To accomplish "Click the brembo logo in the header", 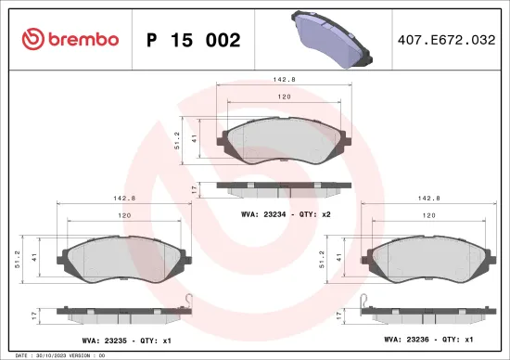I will coord(70,40).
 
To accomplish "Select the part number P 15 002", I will coord(194,41).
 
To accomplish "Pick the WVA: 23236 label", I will coord(410,340).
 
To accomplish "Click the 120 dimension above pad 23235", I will coord(124,215).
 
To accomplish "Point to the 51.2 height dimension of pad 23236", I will coord(322,256).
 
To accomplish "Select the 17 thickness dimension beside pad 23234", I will coord(194,188).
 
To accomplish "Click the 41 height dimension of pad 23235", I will coord(33,256).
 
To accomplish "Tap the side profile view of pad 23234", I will coord(286,186).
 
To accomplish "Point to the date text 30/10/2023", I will coord(49,354).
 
